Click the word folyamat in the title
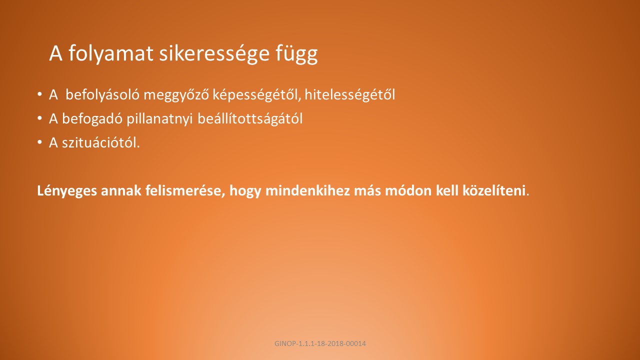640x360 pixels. pos(111,53)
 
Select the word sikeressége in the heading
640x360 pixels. pos(214,53)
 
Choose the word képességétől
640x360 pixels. pos(257,95)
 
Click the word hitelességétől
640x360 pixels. pos(349,94)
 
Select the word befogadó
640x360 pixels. pos(92,118)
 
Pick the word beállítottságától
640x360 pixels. pos(250,118)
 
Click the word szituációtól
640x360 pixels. pos(100,142)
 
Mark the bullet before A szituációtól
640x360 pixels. pos(39,142)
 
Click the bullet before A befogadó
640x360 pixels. pos(39,118)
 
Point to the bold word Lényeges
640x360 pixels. pos(67,191)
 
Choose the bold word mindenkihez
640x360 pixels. pos(307,190)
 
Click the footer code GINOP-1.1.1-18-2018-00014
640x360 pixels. pos(320,343)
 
